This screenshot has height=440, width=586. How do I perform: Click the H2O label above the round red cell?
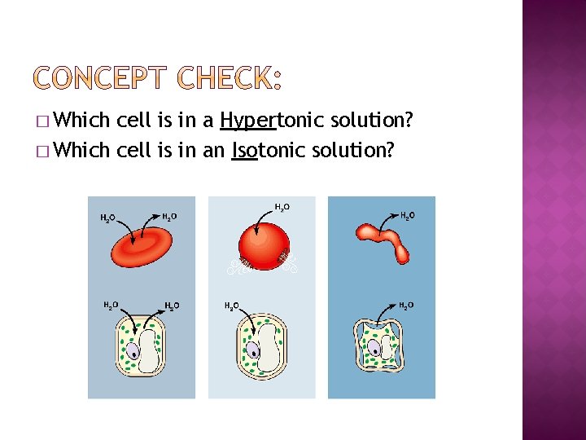pos(281,207)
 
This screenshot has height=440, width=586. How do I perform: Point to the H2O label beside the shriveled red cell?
pos(407,215)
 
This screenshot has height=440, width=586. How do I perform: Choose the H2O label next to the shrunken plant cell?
pos(405,306)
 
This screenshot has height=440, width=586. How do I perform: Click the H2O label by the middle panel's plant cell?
pos(232,306)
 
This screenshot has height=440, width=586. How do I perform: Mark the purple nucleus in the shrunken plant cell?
pos(373,349)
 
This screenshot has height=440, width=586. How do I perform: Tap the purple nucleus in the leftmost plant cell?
pos(133,351)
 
